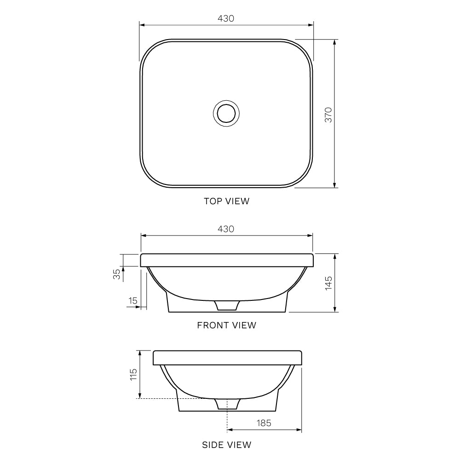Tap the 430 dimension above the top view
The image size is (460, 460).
pos(226,18)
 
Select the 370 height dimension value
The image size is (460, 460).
pos(328,115)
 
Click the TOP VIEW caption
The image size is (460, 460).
pos(226,201)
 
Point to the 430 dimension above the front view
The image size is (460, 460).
pos(226,229)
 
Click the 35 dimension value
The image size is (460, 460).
pos(117,274)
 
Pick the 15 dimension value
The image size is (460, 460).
pos(133,301)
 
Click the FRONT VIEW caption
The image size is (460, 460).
pos(226,325)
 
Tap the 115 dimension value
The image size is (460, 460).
pos(133,374)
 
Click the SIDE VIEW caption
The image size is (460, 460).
pos(226,445)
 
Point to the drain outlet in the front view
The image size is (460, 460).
pos(227,305)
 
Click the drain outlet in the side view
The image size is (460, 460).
pos(227,403)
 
